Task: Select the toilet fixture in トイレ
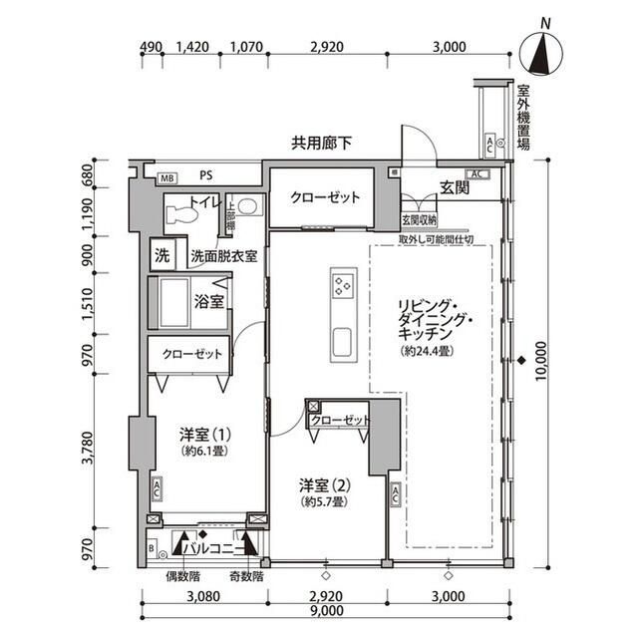tap(179, 212)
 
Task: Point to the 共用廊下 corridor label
tap(321, 144)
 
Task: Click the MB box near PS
tap(167, 177)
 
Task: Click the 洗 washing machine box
tap(161, 254)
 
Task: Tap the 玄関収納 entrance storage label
tap(420, 219)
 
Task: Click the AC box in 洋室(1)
tap(157, 488)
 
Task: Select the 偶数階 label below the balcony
tap(182, 576)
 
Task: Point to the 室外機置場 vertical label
tap(522, 118)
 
